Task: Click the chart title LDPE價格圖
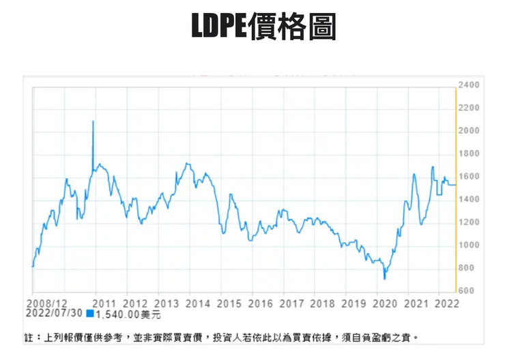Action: point(263,27)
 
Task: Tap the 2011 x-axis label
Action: point(104,303)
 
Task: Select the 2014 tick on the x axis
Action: point(198,303)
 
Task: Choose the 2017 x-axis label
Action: point(292,303)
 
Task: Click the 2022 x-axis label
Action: point(446,303)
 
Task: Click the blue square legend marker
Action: point(90,314)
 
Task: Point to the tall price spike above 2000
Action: point(93,122)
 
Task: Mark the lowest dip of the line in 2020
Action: point(385,278)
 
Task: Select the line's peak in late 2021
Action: point(433,167)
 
